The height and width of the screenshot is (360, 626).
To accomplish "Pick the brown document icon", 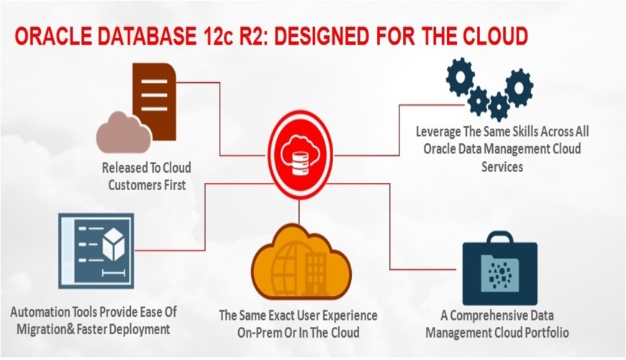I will pos(153,97).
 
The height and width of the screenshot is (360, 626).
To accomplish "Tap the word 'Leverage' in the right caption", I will pos(441,133).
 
